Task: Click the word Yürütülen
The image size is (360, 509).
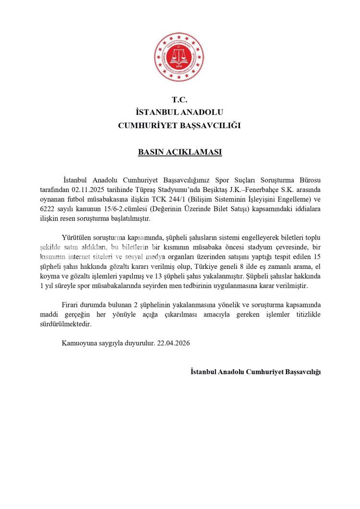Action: coord(78,238)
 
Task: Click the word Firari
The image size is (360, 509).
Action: coord(71,305)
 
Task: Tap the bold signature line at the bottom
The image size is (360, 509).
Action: coord(255,372)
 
